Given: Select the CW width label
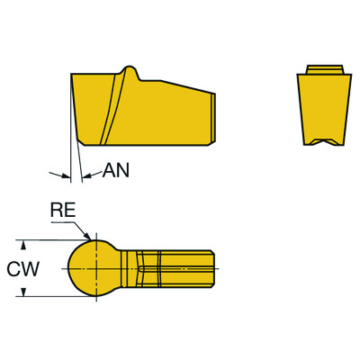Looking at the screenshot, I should point(21,268).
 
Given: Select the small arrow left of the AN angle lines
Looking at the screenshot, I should point(62,174).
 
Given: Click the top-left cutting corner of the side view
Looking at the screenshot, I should point(71,74).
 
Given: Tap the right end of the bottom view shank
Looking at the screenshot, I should point(215,268).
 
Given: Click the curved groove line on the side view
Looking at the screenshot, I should point(109,108).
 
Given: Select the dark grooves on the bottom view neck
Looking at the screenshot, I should point(144,268).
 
